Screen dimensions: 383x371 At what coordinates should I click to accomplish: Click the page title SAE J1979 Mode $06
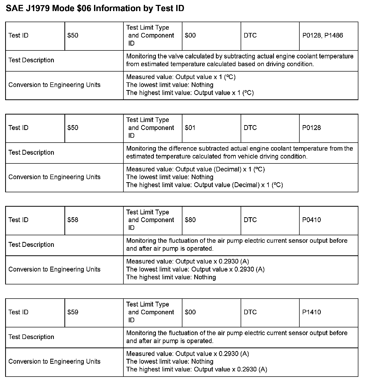pos(95,8)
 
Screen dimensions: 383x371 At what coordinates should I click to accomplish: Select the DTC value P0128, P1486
pos(323,36)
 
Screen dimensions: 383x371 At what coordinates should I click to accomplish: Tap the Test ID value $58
pos(73,220)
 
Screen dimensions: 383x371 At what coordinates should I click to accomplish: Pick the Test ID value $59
pos(73,312)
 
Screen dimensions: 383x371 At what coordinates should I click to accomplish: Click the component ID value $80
pos(190,220)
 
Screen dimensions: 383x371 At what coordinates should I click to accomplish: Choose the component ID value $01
pos(190,128)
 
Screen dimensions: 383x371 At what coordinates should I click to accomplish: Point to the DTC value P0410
pos(311,220)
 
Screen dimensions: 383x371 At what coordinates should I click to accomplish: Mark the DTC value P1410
pos(311,312)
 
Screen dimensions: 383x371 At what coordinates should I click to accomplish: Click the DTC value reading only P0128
pos(311,128)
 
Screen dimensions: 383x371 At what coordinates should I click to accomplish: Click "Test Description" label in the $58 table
pos(31,245)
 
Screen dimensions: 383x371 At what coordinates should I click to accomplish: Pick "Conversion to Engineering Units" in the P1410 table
pos(54,361)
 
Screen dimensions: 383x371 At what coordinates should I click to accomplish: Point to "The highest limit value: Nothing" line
pos(171,277)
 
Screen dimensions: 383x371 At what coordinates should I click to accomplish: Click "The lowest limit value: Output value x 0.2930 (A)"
pos(195,269)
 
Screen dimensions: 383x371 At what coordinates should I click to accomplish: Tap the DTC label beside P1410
pos(250,312)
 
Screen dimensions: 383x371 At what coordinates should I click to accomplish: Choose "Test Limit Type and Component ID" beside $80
pos(150,220)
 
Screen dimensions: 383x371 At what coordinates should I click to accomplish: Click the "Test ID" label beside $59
pos(18,312)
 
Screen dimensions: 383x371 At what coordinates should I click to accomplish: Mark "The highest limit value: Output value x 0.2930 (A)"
pos(197,369)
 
